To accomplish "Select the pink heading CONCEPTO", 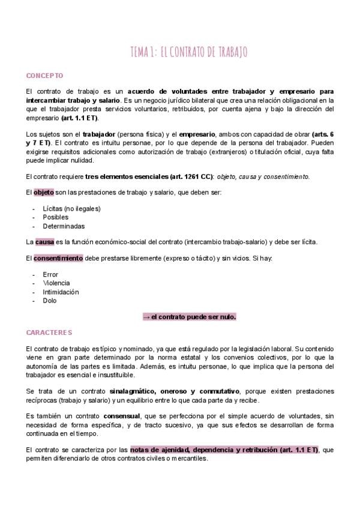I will pos(45,76).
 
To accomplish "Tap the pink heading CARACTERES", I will pos(49,332).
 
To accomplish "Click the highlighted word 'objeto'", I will pos(44,192).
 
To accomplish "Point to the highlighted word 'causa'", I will pos(45,242).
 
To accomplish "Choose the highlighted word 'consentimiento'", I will pos(58,258).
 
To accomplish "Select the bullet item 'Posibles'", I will pos(55,217).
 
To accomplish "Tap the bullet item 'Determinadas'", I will pos(63,226).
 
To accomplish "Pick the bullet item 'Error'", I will pos(50,274).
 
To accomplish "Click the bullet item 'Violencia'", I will pos(56,283).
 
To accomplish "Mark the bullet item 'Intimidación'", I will pos(61,292).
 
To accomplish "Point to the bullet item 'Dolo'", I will pos(50,301).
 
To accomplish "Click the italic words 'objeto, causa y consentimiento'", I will pos(263,176).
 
